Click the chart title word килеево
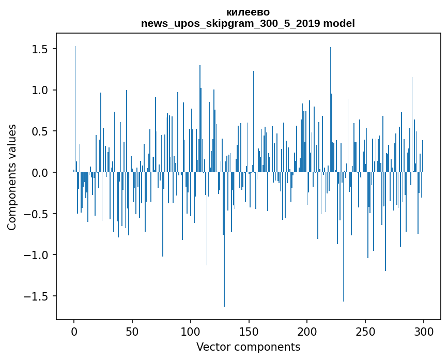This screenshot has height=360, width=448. (248, 12)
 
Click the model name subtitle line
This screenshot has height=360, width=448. (248, 23)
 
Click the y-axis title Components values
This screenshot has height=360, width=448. (12, 177)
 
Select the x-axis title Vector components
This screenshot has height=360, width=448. (248, 347)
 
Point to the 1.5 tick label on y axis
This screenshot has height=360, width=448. (40, 49)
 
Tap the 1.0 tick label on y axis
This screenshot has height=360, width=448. (40, 90)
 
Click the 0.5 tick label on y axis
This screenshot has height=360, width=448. (40, 131)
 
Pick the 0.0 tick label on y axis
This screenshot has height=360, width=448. (40, 173)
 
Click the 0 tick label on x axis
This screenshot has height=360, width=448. (74, 331)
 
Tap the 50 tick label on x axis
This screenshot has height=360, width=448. (132, 331)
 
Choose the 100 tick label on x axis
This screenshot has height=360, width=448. (191, 331)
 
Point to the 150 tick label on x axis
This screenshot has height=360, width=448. (249, 331)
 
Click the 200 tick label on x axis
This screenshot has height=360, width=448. (307, 331)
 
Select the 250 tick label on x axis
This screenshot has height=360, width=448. (365, 331)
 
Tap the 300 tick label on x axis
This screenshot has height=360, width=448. (424, 331)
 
